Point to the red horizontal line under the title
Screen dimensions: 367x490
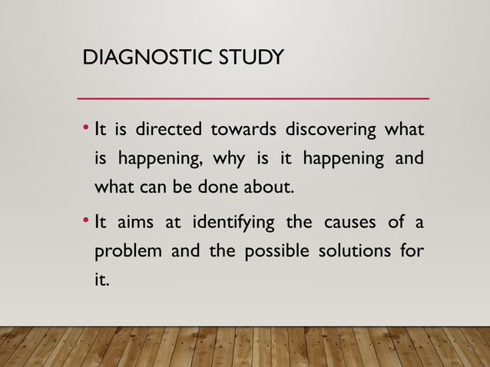click(253, 99)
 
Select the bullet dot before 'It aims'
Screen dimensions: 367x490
click(87, 221)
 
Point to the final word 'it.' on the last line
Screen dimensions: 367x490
click(101, 281)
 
